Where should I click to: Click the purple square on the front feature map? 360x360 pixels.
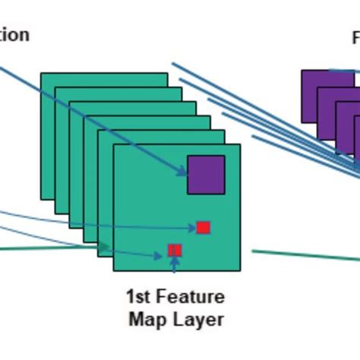[x=206, y=174]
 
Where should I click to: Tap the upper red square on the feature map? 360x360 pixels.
[x=203, y=227]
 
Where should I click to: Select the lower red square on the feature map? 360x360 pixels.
[x=175, y=250]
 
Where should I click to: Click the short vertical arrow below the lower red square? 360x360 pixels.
[x=175, y=264]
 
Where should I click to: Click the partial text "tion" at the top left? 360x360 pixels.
[x=14, y=35]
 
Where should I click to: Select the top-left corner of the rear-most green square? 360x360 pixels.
[x=42, y=74]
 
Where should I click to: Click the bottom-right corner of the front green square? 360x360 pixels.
[x=239, y=270]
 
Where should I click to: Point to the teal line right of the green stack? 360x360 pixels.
[x=304, y=255]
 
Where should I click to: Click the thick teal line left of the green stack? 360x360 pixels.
[x=46, y=248]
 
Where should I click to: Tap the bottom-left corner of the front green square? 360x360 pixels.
[x=114, y=270]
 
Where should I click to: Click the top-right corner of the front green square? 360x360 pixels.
[x=239, y=145]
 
